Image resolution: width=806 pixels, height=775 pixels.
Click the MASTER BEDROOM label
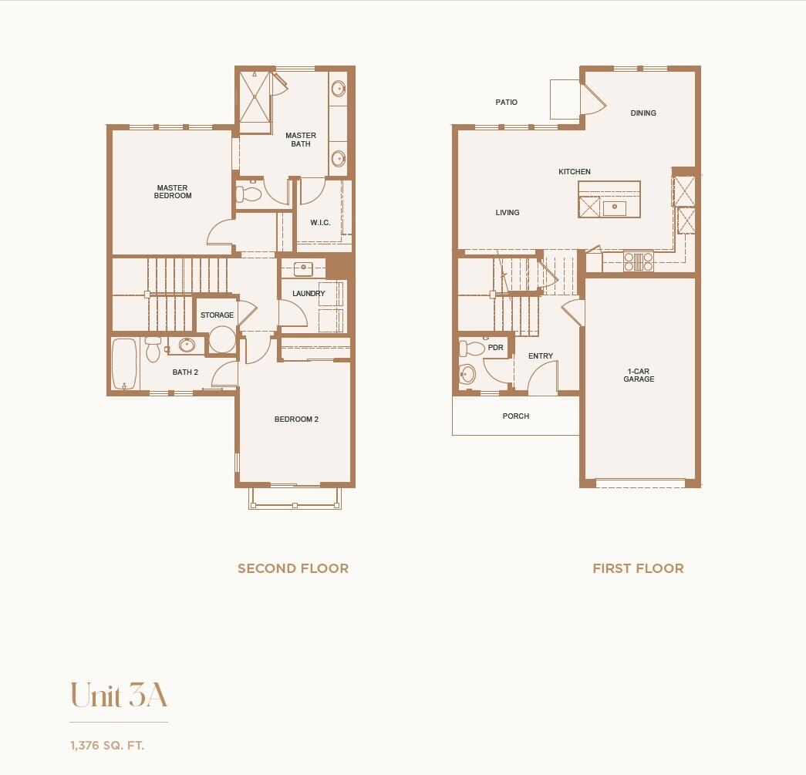(x=173, y=192)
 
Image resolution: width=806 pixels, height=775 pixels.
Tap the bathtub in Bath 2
(x=124, y=365)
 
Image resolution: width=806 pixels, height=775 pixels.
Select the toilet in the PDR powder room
(x=467, y=374)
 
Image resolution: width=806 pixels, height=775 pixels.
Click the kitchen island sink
(x=615, y=207)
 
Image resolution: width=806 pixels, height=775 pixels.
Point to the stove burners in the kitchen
(x=638, y=261)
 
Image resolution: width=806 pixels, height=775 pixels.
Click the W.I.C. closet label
(x=320, y=223)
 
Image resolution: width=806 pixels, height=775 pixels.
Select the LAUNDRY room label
(x=309, y=294)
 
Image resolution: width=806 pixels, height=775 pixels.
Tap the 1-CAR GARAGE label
(x=639, y=375)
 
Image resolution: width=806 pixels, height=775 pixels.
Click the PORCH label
(x=516, y=416)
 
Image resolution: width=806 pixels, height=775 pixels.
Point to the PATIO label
(x=507, y=103)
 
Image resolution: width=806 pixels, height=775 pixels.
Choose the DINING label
(x=643, y=113)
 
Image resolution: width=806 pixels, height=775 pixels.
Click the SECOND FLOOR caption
(x=293, y=568)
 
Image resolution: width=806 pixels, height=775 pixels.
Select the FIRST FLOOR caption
(x=638, y=568)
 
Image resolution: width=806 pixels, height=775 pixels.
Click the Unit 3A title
(x=119, y=696)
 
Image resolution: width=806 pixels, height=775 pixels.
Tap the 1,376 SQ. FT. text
(x=107, y=746)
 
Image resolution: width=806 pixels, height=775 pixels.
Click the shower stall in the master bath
(x=255, y=97)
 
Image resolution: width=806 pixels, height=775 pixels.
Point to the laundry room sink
(x=302, y=269)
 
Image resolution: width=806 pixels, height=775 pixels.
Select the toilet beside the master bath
(x=248, y=193)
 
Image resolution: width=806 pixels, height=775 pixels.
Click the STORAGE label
(x=217, y=315)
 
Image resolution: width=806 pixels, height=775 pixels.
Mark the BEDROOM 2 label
(x=296, y=420)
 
